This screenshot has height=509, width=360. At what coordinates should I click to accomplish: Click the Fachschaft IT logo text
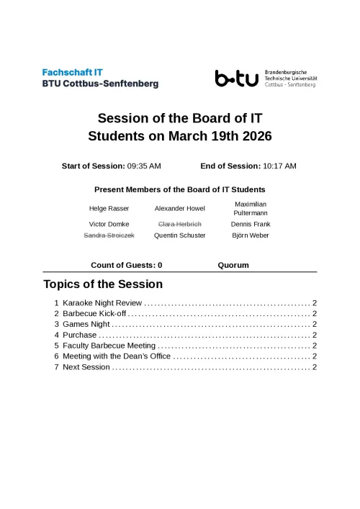(100, 78)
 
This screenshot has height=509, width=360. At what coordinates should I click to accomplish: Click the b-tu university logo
(237, 78)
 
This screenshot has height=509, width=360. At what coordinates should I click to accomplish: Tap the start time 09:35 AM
(144, 166)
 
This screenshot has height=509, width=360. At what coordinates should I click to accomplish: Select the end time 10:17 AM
(279, 166)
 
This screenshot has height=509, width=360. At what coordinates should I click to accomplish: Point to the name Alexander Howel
(180, 209)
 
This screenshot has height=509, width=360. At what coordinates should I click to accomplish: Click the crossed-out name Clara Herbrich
(180, 224)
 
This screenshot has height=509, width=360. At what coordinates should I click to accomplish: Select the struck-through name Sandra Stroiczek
(109, 235)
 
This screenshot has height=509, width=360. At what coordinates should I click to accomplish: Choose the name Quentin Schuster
(180, 235)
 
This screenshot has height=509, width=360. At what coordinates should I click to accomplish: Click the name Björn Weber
(251, 235)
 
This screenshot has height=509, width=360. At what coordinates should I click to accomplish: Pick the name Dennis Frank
(251, 224)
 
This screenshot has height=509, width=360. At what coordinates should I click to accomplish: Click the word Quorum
(233, 265)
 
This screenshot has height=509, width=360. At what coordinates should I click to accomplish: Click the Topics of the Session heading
(103, 284)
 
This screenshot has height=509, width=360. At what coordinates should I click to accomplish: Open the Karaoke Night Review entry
(104, 304)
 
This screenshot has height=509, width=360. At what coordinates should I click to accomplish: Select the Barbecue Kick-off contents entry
(94, 315)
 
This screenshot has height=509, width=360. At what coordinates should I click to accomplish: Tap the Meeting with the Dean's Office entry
(117, 356)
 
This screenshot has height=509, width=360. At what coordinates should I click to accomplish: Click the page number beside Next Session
(315, 367)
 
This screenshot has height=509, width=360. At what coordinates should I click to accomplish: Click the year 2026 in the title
(257, 136)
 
